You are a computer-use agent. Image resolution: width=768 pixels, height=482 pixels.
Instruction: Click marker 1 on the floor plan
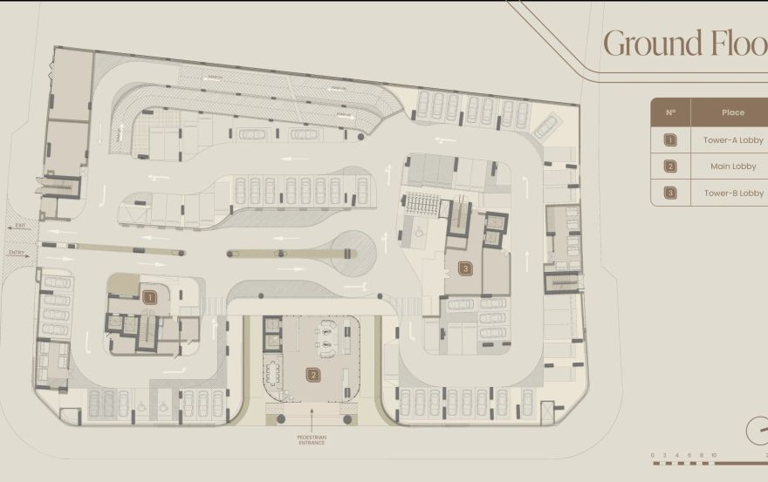149,297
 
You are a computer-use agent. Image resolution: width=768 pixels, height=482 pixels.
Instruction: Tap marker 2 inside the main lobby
312,375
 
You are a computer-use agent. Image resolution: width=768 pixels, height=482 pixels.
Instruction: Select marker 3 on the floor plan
466,269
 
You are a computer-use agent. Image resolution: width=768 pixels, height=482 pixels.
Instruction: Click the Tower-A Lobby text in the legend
733,139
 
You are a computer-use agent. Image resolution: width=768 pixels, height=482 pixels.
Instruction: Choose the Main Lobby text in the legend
733,166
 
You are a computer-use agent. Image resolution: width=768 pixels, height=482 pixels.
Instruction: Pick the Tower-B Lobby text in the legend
733,193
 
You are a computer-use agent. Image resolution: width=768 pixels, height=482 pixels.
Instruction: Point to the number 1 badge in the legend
670,139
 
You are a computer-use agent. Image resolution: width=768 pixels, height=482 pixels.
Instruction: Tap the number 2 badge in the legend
670,166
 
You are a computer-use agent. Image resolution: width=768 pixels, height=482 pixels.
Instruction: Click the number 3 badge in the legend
670,193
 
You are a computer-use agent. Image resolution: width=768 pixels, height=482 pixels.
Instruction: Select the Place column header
733,112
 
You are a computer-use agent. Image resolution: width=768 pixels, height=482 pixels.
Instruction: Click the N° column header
670,112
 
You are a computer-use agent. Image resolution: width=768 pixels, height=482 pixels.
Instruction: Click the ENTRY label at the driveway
18,254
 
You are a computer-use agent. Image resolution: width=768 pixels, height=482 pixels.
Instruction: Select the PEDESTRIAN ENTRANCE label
312,440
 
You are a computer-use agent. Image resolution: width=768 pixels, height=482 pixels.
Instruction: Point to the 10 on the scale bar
713,455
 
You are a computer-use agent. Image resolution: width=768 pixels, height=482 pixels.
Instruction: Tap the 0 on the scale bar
654,455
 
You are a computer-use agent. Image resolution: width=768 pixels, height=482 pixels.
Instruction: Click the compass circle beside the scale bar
758,431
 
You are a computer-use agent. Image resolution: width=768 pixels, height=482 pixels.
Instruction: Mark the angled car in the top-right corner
546,126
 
